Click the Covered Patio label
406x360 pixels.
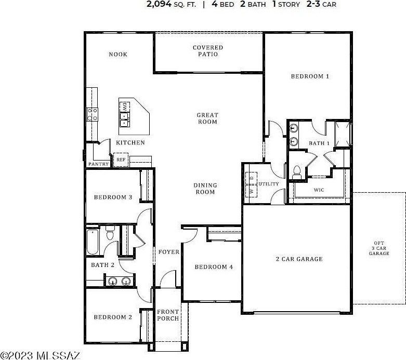click(x=207, y=51)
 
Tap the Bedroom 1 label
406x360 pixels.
click(x=310, y=76)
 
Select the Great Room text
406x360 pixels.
click(x=207, y=118)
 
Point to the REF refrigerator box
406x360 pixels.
click(x=121, y=159)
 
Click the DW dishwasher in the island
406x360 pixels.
click(x=125, y=106)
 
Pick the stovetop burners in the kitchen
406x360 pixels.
click(x=93, y=114)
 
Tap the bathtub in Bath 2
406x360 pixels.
click(x=93, y=242)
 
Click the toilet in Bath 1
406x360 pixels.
click(x=297, y=172)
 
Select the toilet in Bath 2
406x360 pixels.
click(x=110, y=232)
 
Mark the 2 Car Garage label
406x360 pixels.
click(x=299, y=259)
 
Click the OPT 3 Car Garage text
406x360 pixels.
click(x=379, y=248)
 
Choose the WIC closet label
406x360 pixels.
click(x=319, y=190)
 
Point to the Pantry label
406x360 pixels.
click(x=98, y=164)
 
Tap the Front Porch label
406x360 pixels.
click(x=168, y=315)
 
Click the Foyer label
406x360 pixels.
click(x=169, y=252)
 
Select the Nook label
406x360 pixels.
click(x=118, y=55)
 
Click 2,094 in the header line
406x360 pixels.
click(x=159, y=4)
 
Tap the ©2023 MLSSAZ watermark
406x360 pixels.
click(x=40, y=356)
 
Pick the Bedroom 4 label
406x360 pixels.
click(x=214, y=267)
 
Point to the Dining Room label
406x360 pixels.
click(x=205, y=189)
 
